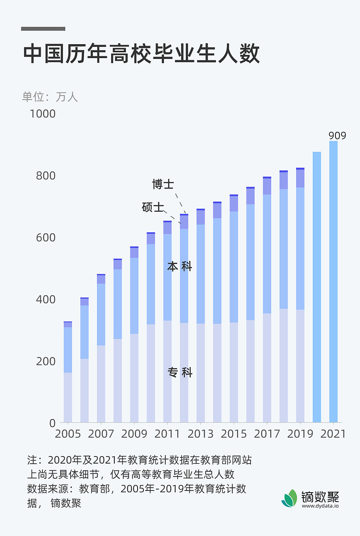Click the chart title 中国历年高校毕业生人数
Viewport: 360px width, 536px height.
pyautogui.click(x=141, y=54)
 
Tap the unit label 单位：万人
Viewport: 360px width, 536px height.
pyautogui.click(x=50, y=97)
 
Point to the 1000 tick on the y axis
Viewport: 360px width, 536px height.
pyautogui.click(x=43, y=114)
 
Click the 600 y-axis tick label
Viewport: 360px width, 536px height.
pyautogui.click(x=46, y=237)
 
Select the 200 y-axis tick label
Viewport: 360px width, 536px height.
pyautogui.click(x=46, y=361)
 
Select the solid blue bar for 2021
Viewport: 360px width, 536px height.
pyautogui.click(x=333, y=281)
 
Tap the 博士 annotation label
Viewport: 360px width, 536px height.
pyautogui.click(x=163, y=184)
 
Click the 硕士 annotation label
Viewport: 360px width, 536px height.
pyautogui.click(x=153, y=207)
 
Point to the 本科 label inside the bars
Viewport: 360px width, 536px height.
pyautogui.click(x=180, y=267)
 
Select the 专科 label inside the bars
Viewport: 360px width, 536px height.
pyautogui.click(x=180, y=373)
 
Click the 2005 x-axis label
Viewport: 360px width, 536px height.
pyautogui.click(x=68, y=434)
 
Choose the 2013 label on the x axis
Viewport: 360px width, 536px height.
pyautogui.click(x=201, y=434)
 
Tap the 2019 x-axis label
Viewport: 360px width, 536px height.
pyautogui.click(x=300, y=434)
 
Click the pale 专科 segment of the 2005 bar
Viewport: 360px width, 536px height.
pyautogui.click(x=68, y=398)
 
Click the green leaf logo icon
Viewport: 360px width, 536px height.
pyautogui.click(x=289, y=498)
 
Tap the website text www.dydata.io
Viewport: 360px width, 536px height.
pyautogui.click(x=320, y=506)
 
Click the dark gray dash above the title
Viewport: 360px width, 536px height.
pyautogui.click(x=43, y=29)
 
